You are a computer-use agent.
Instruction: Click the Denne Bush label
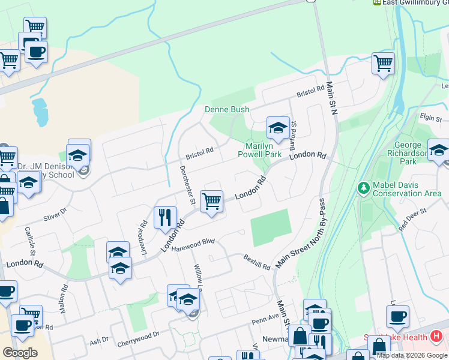[227, 109]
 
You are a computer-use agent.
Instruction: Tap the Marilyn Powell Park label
[264, 150]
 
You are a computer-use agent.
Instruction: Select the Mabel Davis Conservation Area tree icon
[363, 188]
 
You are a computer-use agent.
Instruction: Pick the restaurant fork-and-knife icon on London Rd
[165, 217]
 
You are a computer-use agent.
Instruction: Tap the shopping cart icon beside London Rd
[211, 201]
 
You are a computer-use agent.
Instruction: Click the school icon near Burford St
[278, 127]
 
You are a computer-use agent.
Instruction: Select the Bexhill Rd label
[257, 262]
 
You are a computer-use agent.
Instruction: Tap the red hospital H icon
[436, 337]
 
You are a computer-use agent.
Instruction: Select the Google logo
[20, 352]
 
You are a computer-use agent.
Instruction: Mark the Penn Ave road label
[265, 317]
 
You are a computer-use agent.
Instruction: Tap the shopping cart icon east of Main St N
[383, 62]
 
